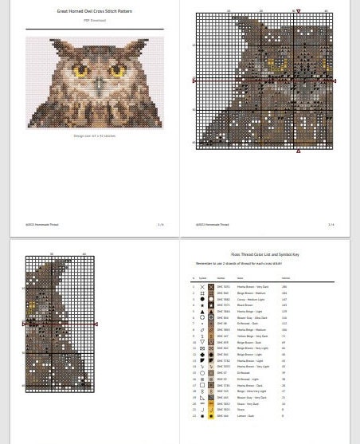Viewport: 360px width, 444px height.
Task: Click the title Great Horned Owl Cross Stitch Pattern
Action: click(x=94, y=12)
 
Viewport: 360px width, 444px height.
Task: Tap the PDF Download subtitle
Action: click(x=94, y=20)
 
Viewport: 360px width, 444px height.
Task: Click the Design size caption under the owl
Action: click(x=94, y=136)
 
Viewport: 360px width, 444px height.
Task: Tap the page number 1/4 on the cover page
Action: click(x=160, y=225)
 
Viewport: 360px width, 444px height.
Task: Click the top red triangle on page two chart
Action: click(x=299, y=11)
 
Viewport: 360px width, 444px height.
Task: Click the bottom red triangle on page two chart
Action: click(x=299, y=150)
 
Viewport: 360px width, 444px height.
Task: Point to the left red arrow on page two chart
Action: click(x=194, y=81)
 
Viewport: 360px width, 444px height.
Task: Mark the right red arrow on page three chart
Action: click(x=96, y=324)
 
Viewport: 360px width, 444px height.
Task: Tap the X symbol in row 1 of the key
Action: click(x=202, y=286)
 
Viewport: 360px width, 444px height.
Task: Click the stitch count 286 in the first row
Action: click(x=284, y=286)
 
